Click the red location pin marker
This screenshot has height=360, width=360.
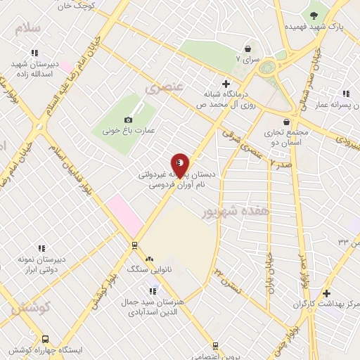(180, 165)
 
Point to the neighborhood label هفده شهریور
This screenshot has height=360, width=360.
(226, 211)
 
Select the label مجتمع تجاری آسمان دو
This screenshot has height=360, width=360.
(286, 137)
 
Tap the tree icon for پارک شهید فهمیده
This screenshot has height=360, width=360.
(314, 13)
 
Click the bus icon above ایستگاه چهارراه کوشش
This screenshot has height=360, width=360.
(46, 338)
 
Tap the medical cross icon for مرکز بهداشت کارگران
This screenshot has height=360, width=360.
(326, 292)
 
